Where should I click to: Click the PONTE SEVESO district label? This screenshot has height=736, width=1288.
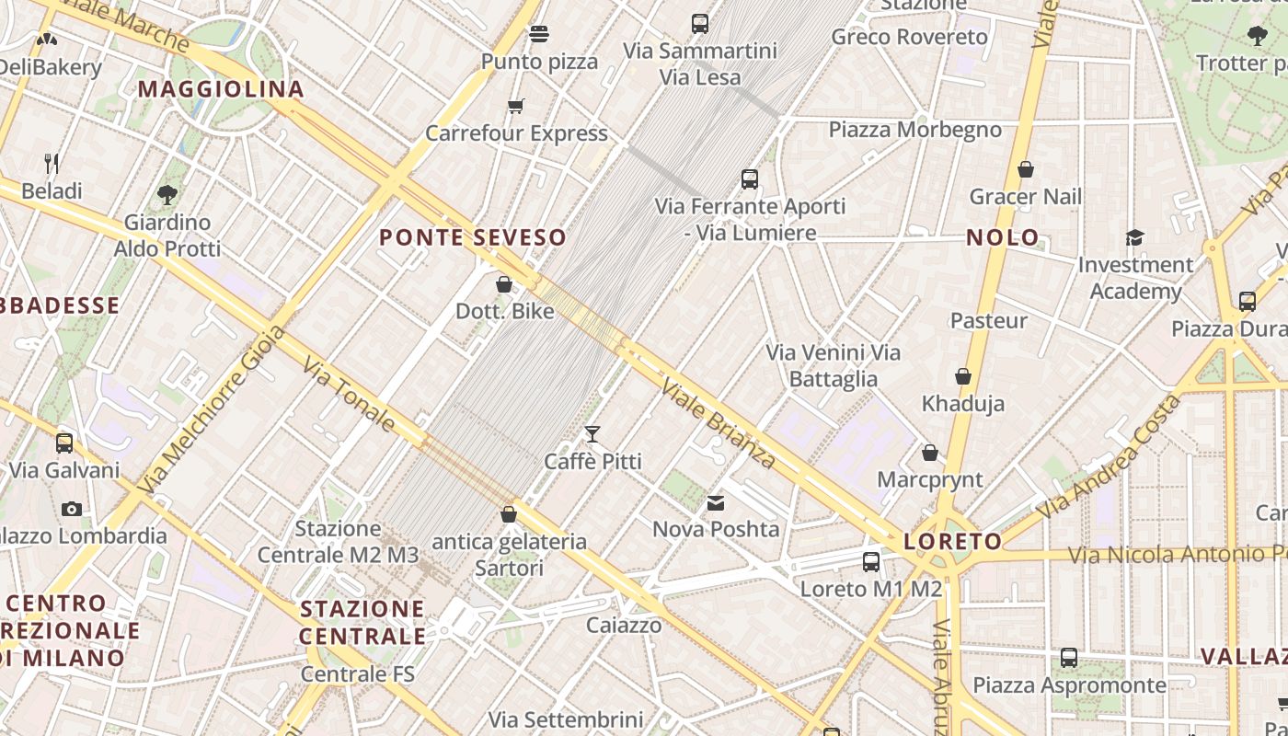click(x=473, y=237)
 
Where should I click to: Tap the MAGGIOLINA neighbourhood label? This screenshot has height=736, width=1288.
click(x=221, y=89)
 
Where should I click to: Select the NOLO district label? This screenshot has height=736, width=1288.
click(x=1003, y=237)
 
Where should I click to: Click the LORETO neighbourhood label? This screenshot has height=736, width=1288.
click(x=953, y=541)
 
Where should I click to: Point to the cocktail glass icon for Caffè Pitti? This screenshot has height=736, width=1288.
click(x=592, y=433)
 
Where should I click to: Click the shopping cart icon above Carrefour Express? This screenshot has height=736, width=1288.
click(x=516, y=107)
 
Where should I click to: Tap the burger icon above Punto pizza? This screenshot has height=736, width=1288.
click(x=539, y=34)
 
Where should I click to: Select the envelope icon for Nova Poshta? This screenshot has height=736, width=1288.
click(x=716, y=502)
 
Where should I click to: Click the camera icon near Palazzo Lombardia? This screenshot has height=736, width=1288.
click(x=72, y=509)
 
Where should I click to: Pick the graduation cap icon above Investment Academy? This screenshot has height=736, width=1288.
click(x=1134, y=238)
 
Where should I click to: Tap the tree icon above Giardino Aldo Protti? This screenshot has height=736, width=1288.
click(x=167, y=194)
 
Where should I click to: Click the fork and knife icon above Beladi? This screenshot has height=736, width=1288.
click(x=52, y=164)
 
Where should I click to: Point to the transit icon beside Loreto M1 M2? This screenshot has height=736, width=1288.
click(x=871, y=561)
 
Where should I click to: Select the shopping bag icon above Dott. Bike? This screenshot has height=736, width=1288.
click(x=504, y=284)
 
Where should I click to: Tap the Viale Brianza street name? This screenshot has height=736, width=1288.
click(x=718, y=422)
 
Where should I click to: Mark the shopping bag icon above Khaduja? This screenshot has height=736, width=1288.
click(x=963, y=376)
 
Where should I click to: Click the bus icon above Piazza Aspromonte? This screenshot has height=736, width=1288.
click(x=1069, y=658)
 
